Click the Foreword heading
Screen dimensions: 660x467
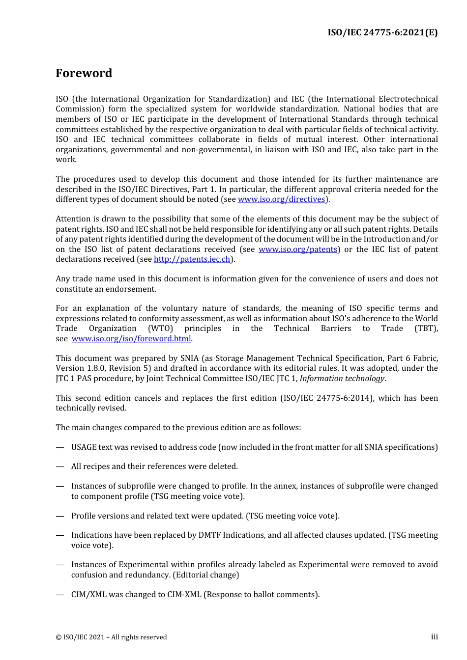pyautogui.click(x=84, y=73)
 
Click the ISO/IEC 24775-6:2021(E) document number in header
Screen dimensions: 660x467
pyautogui.click(x=382, y=33)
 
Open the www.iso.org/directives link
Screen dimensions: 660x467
pyautogui.click(x=281, y=199)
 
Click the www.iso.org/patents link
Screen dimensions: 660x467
pyautogui.click(x=298, y=249)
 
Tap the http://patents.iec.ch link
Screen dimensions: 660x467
pyautogui.click(x=192, y=259)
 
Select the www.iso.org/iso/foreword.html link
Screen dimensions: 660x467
pyautogui.click(x=131, y=339)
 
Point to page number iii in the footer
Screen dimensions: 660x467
pyautogui.click(x=434, y=637)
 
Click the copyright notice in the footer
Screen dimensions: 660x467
pyautogui.click(x=111, y=637)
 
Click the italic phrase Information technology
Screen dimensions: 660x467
pyautogui.click(x=342, y=379)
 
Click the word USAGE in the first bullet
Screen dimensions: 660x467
pyautogui.click(x=84, y=447)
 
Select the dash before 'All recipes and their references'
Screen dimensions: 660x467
pyautogui.click(x=60, y=467)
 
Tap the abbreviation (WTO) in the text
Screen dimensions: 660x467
pyautogui.click(x=160, y=329)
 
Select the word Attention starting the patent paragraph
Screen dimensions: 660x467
pyautogui.click(x=74, y=219)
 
